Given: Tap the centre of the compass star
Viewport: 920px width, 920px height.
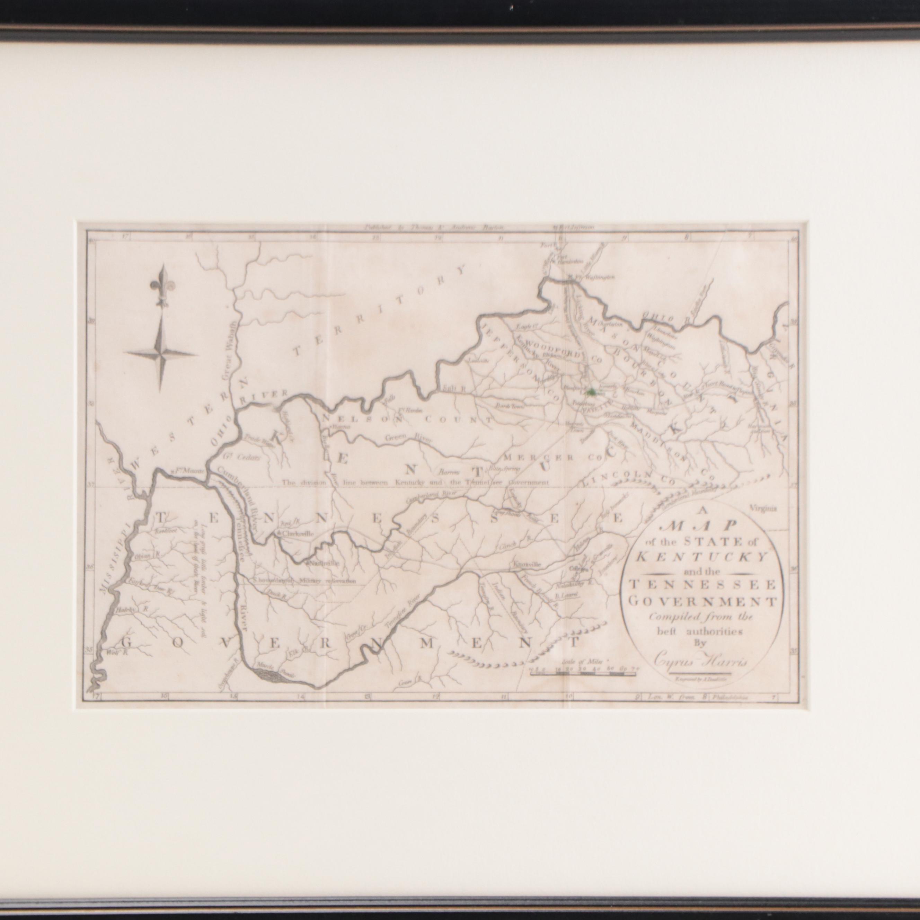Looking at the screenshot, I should (161, 353).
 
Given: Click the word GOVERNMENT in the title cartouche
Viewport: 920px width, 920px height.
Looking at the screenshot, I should (700, 601).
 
